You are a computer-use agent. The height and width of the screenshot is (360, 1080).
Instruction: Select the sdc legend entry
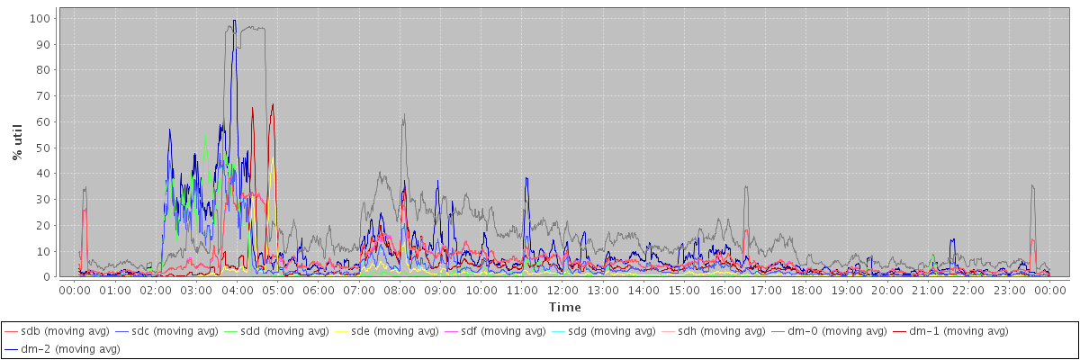click(x=175, y=332)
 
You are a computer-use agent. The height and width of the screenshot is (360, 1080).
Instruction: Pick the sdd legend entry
click(x=284, y=332)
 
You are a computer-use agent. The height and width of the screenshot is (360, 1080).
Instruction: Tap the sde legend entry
click(x=394, y=332)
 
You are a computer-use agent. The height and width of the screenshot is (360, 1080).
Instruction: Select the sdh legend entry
click(x=722, y=332)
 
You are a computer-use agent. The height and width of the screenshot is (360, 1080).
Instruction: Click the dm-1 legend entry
click(x=946, y=332)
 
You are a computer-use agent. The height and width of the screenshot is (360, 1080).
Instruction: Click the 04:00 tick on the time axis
click(x=237, y=291)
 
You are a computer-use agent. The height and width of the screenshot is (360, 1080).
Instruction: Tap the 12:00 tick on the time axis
click(x=562, y=291)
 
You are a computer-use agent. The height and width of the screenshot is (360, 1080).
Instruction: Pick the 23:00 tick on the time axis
click(x=1010, y=291)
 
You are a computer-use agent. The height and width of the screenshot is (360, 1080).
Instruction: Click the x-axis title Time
click(x=559, y=308)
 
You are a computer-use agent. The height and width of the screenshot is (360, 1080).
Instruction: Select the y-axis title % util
click(x=18, y=143)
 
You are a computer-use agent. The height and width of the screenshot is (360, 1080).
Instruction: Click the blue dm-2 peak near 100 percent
click(x=235, y=21)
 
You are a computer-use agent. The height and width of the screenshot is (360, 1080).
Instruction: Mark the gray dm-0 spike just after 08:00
click(x=405, y=114)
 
